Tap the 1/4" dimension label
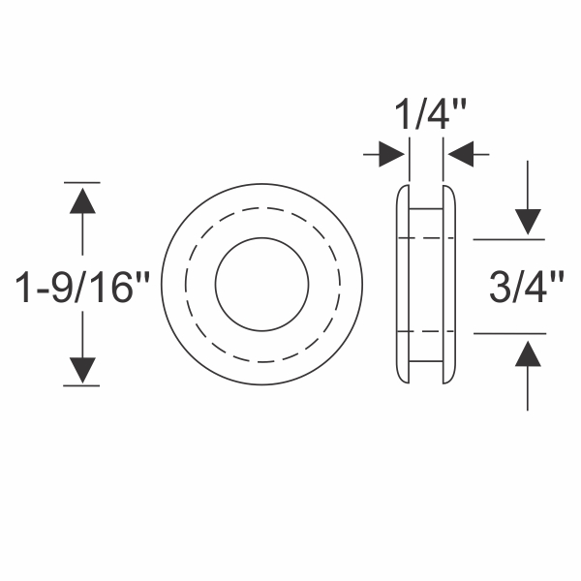coord(426,118)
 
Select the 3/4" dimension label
coord(527,289)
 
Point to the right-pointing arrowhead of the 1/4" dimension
coord(391,153)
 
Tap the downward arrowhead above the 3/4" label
coord(527,222)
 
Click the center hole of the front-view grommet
coord(261,285)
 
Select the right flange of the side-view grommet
coord(449,285)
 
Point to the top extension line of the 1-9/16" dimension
coord(82,182)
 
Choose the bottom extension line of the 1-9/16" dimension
coord(82,386)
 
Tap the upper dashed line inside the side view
coord(426,238)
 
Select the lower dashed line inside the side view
coord(426,333)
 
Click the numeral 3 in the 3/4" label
coord(501,289)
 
